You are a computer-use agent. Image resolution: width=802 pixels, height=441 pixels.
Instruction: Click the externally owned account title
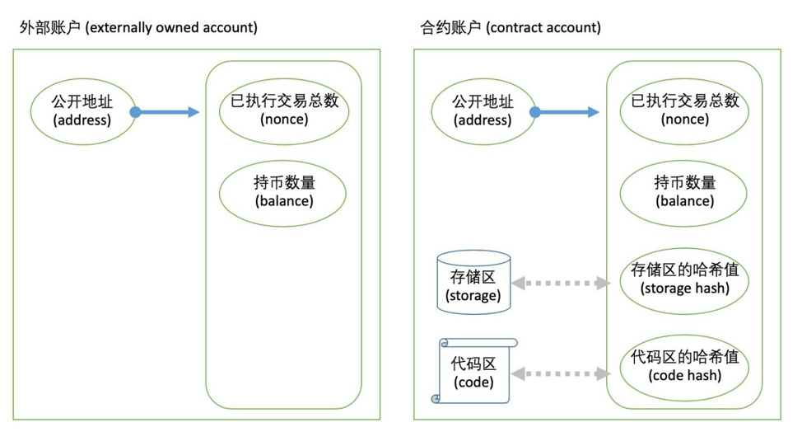click(138, 27)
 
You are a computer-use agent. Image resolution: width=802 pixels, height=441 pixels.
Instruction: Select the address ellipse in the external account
click(82, 111)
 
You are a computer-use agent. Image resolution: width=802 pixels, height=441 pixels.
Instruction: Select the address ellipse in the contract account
click(483, 111)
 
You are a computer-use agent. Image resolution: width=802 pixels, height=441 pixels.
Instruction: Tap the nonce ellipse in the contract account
click(684, 110)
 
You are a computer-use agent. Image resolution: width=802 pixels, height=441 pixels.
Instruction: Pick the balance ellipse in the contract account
click(684, 191)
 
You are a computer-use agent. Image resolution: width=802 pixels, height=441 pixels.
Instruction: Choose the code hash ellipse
click(684, 366)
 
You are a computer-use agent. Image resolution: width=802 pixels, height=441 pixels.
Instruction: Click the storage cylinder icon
click(473, 282)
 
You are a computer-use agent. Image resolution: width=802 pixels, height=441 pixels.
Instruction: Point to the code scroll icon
click(473, 371)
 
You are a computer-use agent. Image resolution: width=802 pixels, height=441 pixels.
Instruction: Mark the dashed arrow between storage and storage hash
click(560, 283)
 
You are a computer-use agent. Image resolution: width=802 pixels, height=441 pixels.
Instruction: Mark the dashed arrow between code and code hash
click(560, 373)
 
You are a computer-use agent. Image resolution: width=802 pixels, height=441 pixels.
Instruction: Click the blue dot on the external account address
click(135, 112)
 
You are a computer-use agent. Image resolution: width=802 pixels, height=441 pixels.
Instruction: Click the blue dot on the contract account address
click(534, 112)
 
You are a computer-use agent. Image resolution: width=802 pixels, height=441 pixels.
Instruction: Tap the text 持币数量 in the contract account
click(684, 183)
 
